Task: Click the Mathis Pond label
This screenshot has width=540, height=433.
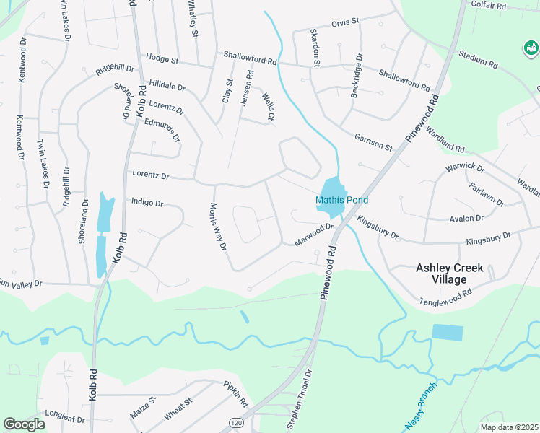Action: point(341,200)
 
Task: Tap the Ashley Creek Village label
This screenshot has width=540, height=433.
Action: point(450,274)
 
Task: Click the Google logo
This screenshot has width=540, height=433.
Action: point(25,424)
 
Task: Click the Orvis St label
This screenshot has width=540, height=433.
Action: point(344,22)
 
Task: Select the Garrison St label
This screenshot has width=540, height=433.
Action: point(373,141)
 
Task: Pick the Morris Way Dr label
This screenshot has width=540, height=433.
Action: point(218,225)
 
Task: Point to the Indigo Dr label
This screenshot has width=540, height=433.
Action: point(147,204)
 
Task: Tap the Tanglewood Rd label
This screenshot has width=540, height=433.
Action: point(446,297)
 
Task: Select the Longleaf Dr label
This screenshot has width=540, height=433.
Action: point(65,419)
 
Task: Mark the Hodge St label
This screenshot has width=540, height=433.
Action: point(162,57)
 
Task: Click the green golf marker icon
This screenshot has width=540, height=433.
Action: point(531,48)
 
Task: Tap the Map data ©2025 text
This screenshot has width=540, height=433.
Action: point(508,427)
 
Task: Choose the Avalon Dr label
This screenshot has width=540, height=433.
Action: point(466,218)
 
